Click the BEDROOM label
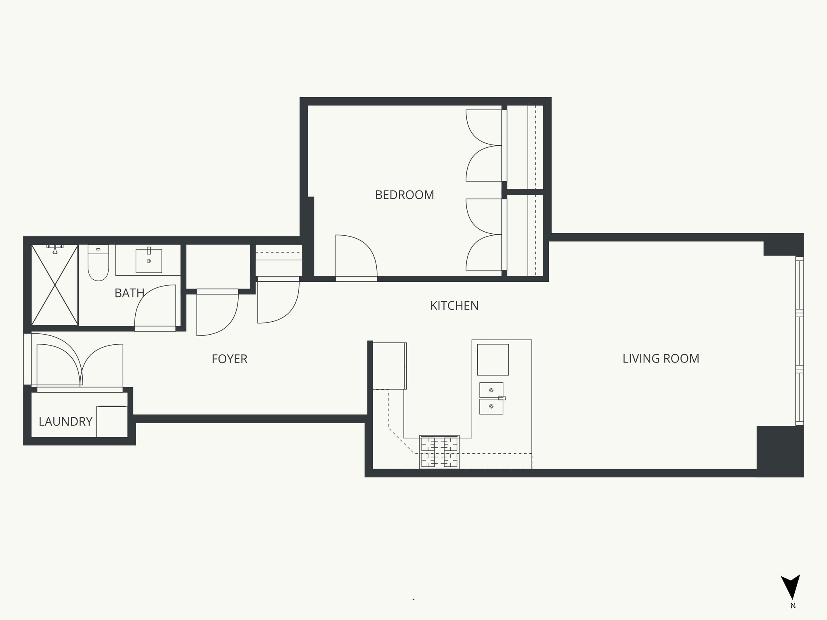pos(404,195)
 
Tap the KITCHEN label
pos(454,306)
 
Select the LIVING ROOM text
pos(661,358)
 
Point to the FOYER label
pos(229,359)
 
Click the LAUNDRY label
pos(65,422)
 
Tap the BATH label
pos(129,293)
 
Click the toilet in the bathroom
pos(98,263)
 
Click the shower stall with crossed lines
pos(55,285)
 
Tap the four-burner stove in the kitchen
pos(439,452)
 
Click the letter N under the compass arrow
pos(793,617)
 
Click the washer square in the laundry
pos(112,421)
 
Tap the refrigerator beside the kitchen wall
pos(389,366)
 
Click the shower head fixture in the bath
pos(55,248)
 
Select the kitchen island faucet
pos(502,398)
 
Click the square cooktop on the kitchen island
pos(493,359)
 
